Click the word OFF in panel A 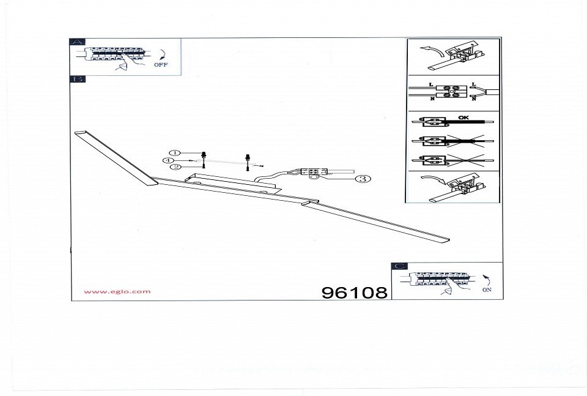161,64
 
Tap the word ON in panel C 487,290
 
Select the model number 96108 355,293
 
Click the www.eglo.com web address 117,291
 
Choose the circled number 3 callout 362,179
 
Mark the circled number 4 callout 168,160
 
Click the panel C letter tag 399,266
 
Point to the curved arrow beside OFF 162,53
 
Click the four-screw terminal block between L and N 452,91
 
